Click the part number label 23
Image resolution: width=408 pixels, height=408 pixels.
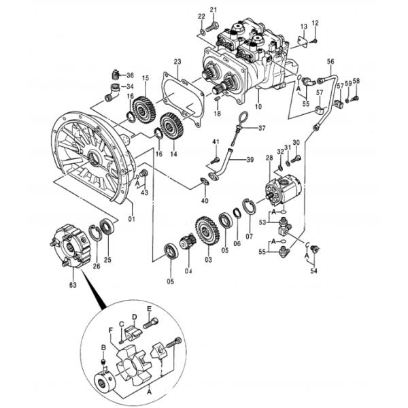click(177, 61)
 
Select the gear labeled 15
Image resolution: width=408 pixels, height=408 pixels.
click(143, 109)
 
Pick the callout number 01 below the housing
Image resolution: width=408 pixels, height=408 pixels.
click(132, 219)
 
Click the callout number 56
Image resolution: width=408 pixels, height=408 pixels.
click(331, 62)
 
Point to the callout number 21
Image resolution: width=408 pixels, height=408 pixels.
click(213, 9)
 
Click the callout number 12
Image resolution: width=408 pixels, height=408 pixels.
click(315, 22)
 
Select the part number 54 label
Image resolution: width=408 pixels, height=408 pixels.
click(313, 272)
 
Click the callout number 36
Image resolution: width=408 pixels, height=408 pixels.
click(130, 75)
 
